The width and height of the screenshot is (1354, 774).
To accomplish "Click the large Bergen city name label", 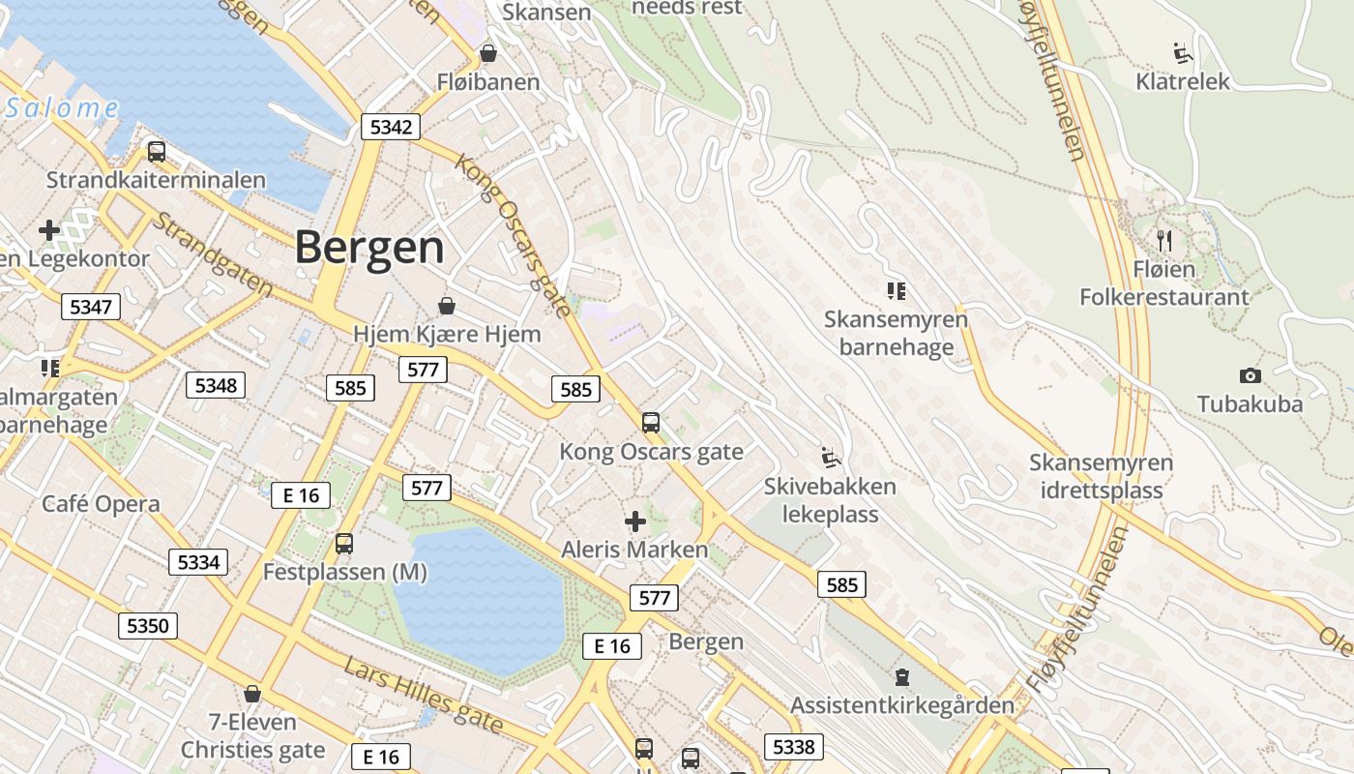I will (x=369, y=248).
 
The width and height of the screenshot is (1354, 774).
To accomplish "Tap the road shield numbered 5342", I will (x=391, y=127).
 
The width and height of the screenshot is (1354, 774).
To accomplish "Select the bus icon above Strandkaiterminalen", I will (x=156, y=152).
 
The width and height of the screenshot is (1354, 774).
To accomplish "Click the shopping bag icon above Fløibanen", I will (x=488, y=53).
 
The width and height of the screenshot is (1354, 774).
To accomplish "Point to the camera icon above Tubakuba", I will (x=1250, y=375).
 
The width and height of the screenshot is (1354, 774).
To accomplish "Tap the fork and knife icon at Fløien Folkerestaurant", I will (x=1164, y=240).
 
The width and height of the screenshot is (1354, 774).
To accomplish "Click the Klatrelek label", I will (x=1183, y=81).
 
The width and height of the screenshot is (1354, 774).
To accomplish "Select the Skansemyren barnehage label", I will (x=896, y=333).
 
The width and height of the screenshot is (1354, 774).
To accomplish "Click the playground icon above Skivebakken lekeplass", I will (x=829, y=456).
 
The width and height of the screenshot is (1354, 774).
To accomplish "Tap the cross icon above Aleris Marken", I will (x=635, y=521).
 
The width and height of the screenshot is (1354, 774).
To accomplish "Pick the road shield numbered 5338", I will (x=794, y=746).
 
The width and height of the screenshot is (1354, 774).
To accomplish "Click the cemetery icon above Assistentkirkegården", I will (x=902, y=676).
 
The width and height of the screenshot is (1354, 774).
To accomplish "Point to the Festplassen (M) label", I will (x=344, y=572).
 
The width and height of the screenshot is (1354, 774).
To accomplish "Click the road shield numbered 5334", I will (x=198, y=562).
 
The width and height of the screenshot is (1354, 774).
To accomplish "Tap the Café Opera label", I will (x=101, y=504).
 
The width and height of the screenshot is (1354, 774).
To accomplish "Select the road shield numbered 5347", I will (x=91, y=308).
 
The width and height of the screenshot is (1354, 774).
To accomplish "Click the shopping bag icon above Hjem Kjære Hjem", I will (x=447, y=306).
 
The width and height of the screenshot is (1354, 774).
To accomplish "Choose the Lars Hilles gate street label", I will (x=424, y=694).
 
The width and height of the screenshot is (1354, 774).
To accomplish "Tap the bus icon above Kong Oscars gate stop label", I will (x=651, y=423).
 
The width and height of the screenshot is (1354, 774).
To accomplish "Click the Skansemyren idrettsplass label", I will (x=1101, y=476).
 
